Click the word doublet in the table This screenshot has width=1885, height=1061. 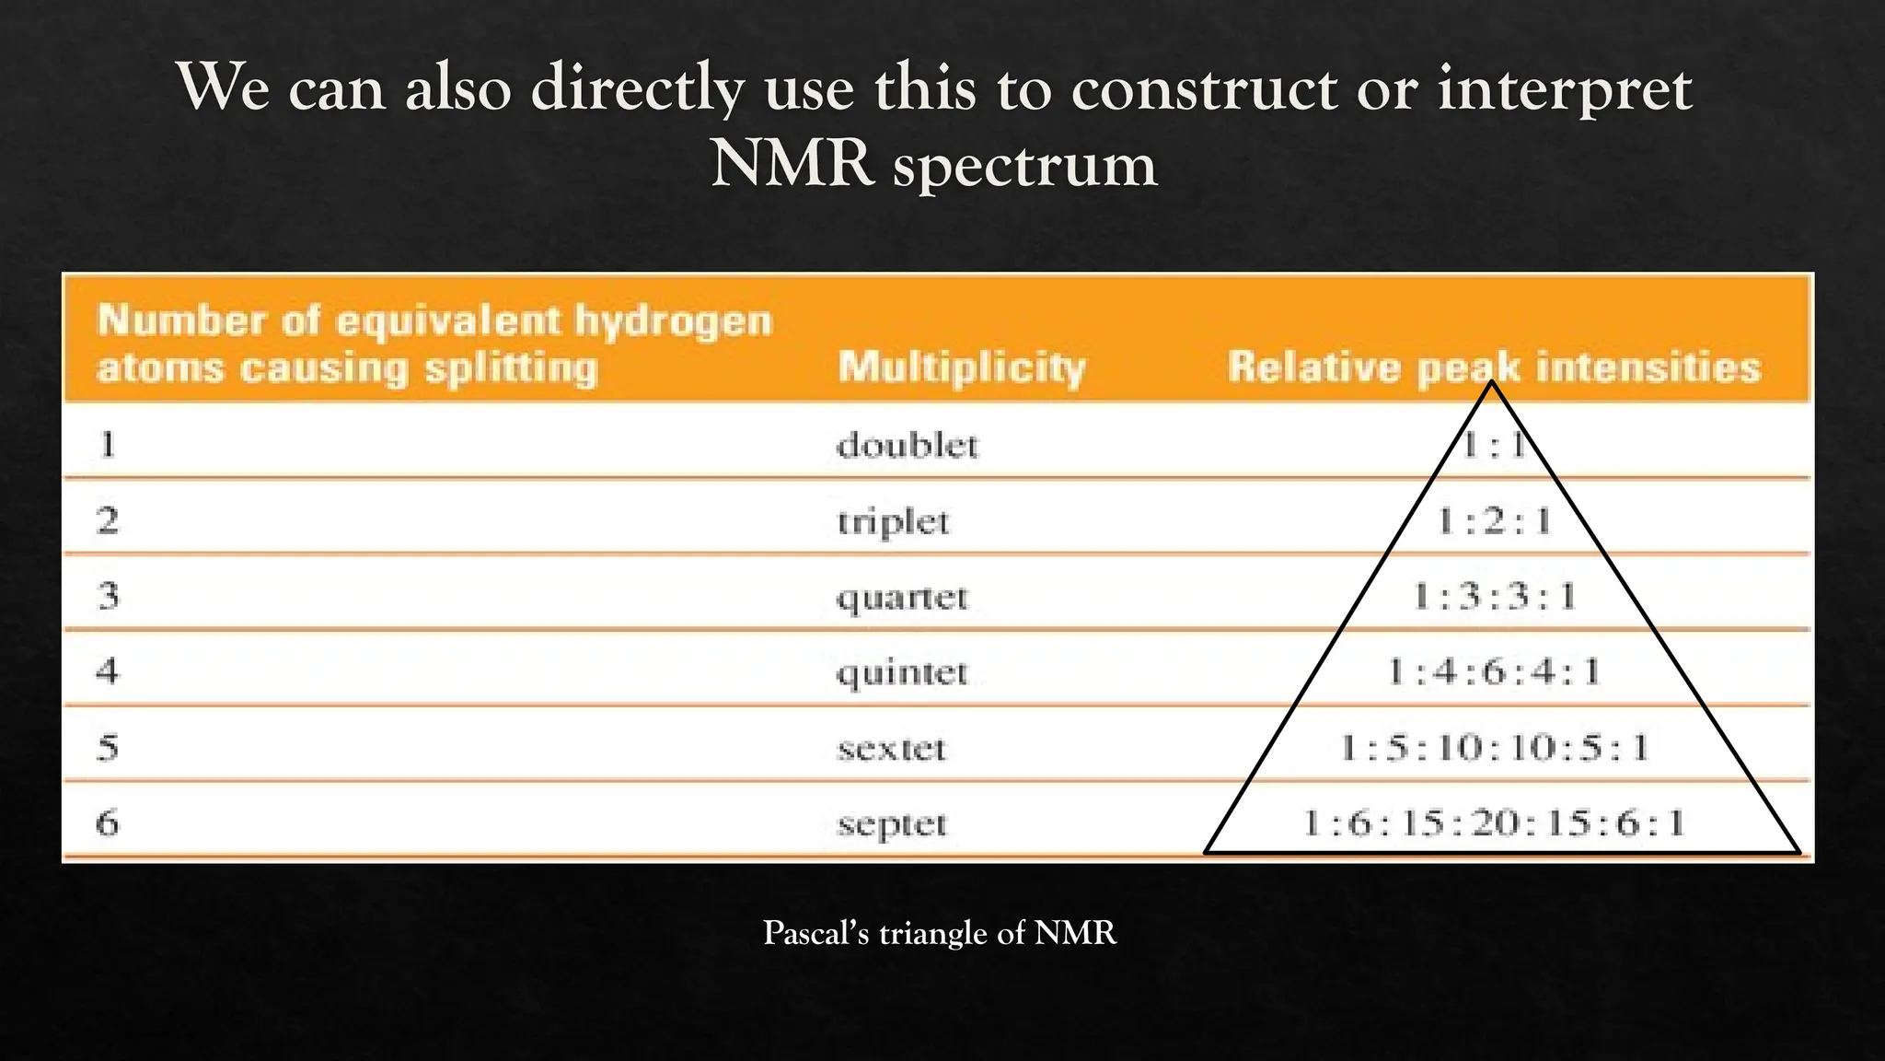[x=907, y=446]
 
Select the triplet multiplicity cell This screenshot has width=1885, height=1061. [x=893, y=522]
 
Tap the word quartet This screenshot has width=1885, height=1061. [x=902, y=598]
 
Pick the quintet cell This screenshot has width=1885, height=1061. [x=902, y=672]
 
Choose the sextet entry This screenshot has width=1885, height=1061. [x=891, y=748]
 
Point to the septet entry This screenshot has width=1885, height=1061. [x=892, y=823]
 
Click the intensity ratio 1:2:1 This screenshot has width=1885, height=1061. [x=1494, y=522]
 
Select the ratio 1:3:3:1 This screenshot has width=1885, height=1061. [x=1494, y=597]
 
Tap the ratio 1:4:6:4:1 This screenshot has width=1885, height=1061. [x=1494, y=671]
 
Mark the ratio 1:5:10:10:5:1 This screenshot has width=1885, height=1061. [x=1494, y=747]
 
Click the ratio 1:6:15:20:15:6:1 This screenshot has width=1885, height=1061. [x=1494, y=822]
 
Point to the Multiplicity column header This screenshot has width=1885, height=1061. [x=962, y=367]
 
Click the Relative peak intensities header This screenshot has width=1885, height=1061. [x=1494, y=367]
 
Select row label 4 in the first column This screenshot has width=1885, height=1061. [x=108, y=671]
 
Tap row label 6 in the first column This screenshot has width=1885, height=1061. [x=108, y=822]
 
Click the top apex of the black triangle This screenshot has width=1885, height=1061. [x=1491, y=383]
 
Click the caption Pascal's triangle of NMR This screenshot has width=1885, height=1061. [x=940, y=933]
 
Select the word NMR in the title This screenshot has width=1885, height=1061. [x=792, y=165]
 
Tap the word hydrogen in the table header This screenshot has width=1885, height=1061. [x=673, y=321]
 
